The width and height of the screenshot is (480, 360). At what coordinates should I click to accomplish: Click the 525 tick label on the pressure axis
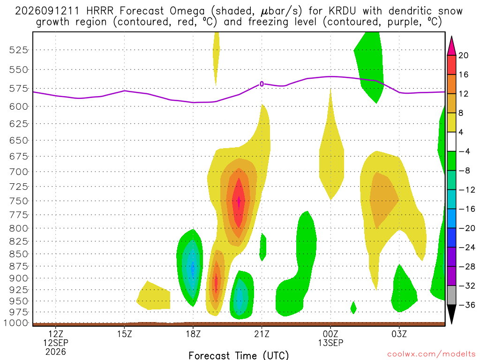click(18, 50)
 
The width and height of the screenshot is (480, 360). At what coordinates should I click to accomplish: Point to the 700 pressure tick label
click(18, 172)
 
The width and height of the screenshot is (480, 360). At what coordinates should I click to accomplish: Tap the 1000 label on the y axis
click(16, 323)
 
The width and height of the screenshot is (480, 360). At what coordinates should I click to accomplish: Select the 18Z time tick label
click(193, 334)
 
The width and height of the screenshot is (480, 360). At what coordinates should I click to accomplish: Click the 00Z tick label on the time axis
click(330, 334)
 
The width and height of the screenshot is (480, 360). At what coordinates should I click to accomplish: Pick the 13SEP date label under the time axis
click(330, 343)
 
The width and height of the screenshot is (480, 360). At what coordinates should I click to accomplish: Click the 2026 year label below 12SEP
click(56, 352)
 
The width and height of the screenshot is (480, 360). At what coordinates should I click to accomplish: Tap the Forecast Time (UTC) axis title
click(239, 355)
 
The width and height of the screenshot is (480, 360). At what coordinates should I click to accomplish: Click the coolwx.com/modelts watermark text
click(431, 354)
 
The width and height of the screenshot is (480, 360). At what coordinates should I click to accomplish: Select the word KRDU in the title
click(342, 11)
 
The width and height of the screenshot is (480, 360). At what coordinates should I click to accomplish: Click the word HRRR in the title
click(100, 11)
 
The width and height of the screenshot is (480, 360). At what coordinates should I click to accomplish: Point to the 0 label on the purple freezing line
click(262, 84)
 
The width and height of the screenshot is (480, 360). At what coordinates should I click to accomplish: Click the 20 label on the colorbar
click(463, 55)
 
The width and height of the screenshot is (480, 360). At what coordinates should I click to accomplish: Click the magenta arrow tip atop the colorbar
click(451, 37)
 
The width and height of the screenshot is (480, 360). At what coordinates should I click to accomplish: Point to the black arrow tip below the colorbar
click(451, 323)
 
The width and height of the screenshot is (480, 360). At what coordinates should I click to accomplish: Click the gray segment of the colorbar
click(451, 295)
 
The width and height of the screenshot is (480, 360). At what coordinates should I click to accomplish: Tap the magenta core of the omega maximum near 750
click(239, 201)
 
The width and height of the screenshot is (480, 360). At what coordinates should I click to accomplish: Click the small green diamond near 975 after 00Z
click(353, 307)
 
